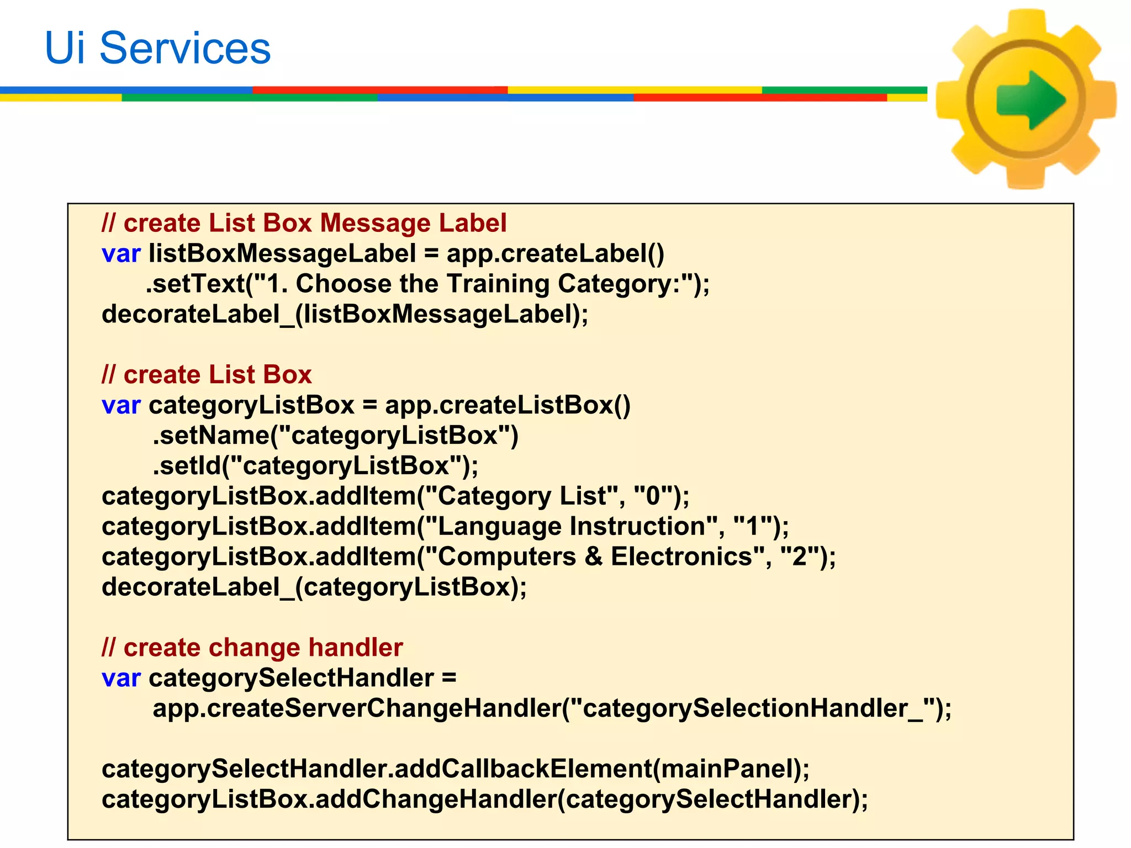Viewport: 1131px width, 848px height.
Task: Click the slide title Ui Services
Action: click(x=158, y=48)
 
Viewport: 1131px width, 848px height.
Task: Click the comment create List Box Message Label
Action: click(x=304, y=223)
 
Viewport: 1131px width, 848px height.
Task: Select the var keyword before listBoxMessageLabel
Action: click(x=121, y=254)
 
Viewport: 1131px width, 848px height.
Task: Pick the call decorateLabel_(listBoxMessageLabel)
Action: click(x=345, y=314)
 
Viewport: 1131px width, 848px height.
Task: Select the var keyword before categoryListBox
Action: click(x=121, y=405)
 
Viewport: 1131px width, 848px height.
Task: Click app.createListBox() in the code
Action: click(x=508, y=405)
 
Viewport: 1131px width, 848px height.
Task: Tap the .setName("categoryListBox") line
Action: click(x=336, y=436)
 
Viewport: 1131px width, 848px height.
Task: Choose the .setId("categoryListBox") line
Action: click(x=315, y=466)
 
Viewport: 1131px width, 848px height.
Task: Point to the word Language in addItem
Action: click(x=499, y=526)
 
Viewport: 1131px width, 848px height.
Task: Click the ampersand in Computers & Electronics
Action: click(x=593, y=556)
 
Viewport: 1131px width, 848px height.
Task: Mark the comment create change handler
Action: click(x=252, y=648)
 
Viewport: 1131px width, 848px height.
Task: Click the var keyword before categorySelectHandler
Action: click(x=121, y=678)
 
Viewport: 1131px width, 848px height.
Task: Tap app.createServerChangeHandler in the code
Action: click(x=357, y=708)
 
